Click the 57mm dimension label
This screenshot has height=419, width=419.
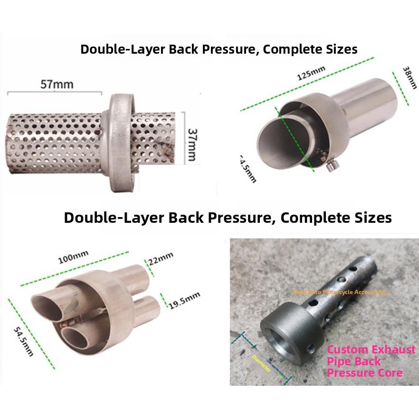(x=57, y=85)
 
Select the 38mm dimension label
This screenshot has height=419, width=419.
(x=407, y=79)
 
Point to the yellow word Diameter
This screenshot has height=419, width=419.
(x=262, y=362)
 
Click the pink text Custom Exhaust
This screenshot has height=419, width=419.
(x=371, y=350)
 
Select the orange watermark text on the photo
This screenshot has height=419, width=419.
(x=339, y=292)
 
